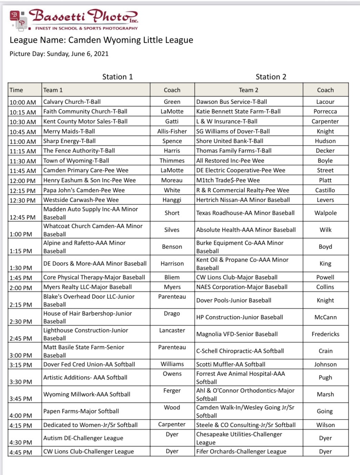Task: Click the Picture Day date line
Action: (x=59, y=54)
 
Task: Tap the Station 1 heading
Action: (x=117, y=77)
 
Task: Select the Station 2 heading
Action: (x=271, y=77)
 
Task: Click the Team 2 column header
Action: (x=248, y=90)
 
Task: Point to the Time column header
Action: (x=17, y=90)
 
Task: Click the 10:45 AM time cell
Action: (x=23, y=132)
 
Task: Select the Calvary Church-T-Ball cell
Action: (x=72, y=102)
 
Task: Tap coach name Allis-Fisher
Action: (x=172, y=131)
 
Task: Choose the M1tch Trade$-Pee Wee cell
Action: (x=228, y=180)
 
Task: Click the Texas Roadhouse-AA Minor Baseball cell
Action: (x=245, y=213)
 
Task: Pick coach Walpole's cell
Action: (x=326, y=213)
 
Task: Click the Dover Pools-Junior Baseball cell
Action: (x=234, y=300)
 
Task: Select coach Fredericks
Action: (x=326, y=334)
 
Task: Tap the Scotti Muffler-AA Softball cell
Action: (x=231, y=365)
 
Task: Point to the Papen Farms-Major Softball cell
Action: (x=81, y=411)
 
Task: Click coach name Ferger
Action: (x=172, y=391)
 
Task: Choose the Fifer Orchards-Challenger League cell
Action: (x=241, y=452)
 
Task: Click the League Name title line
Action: (x=101, y=40)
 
